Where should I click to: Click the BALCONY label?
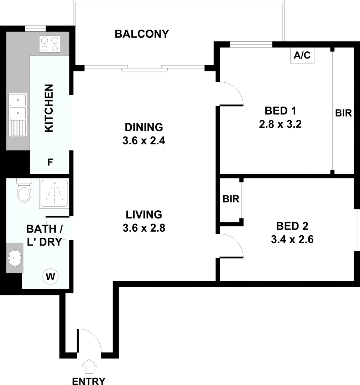142,34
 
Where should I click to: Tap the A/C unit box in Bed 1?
302,56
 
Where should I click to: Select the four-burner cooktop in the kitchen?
49,45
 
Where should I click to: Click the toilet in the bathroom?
24,192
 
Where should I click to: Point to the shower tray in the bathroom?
54,194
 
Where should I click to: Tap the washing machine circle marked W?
50,276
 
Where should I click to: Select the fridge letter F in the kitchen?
50,163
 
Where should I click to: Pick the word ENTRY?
89,381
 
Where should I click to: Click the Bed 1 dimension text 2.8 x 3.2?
281,125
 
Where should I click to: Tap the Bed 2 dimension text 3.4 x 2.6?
292,239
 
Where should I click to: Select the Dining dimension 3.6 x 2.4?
144,140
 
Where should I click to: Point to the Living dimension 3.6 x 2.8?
144,228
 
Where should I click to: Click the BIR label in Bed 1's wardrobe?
343,113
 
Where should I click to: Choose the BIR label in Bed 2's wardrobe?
231,199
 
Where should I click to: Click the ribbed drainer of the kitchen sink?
18,128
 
